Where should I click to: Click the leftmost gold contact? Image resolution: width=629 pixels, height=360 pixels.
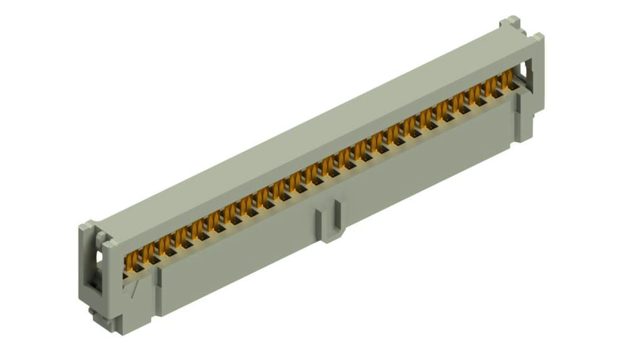click(129, 261)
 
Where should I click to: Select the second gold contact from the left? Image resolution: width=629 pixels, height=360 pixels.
click(146, 252)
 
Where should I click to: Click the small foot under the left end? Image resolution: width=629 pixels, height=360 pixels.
click(105, 318)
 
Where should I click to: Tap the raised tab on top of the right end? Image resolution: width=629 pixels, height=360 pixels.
click(510, 24)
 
